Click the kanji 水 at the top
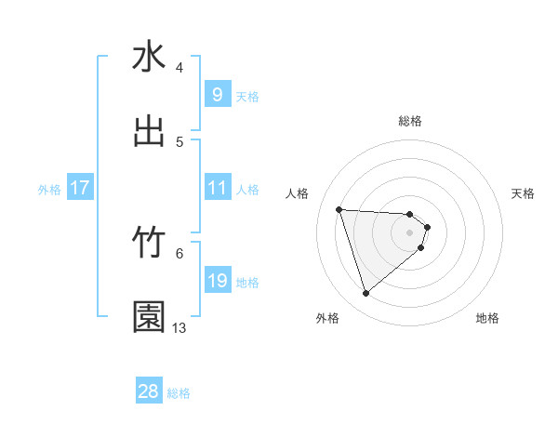click(x=149, y=57)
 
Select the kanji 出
click(x=149, y=131)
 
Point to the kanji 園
click(x=149, y=317)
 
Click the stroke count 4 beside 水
click(x=179, y=67)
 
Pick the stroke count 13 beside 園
click(x=179, y=327)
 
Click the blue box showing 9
click(x=217, y=95)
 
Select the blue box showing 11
click(x=217, y=188)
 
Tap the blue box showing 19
click(x=217, y=281)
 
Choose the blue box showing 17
click(x=79, y=188)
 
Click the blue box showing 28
click(x=149, y=391)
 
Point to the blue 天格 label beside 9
click(x=247, y=96)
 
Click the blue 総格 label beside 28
click(x=179, y=393)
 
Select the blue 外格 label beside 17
click(x=49, y=189)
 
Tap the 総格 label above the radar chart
click(x=410, y=121)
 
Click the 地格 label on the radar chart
click(x=487, y=318)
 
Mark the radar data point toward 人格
click(x=339, y=209)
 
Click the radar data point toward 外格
click(x=366, y=294)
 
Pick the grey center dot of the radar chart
click(x=410, y=245)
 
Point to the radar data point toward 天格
click(x=427, y=227)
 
